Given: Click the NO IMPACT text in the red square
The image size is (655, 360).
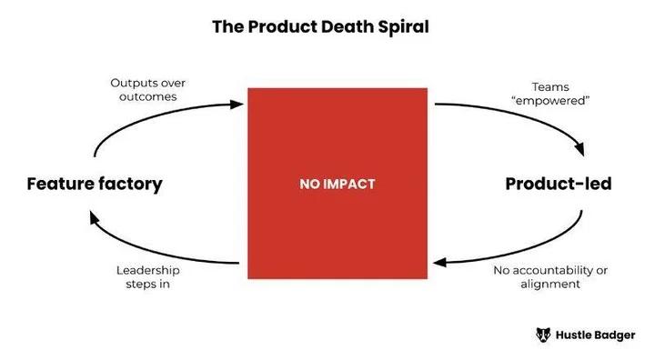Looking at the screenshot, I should [337, 184].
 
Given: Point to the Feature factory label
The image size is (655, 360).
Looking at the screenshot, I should [95, 184].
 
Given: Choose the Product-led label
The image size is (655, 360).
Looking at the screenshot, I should [559, 184].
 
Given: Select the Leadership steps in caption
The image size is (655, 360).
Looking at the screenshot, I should [147, 277].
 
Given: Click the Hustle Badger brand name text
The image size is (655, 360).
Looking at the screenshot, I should [597, 335].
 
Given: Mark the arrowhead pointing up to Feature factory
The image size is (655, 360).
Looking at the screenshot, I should [94, 215].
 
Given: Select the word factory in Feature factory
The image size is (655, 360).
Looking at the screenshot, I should [129, 184].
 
